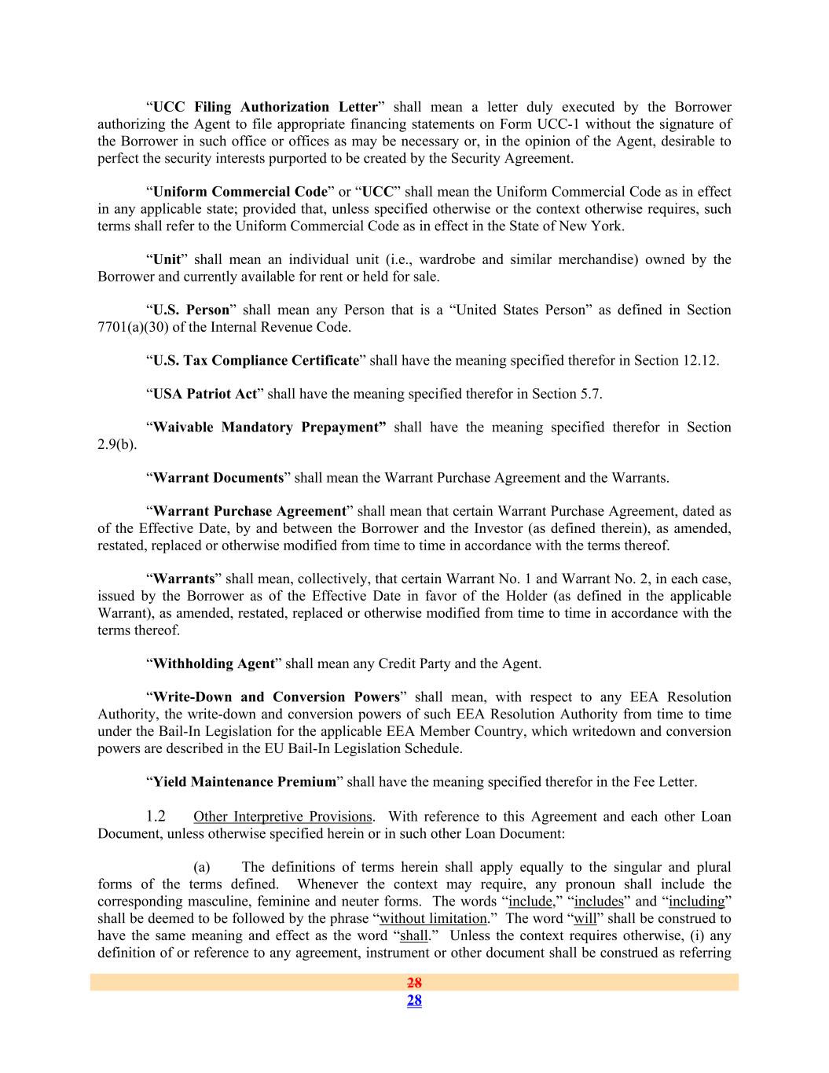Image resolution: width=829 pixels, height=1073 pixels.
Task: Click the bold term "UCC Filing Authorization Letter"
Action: pyautogui.click(x=265, y=107)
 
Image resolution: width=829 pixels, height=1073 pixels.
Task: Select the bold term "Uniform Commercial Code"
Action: pyautogui.click(x=240, y=192)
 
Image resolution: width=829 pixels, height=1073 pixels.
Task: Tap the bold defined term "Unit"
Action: pyautogui.click(x=167, y=259)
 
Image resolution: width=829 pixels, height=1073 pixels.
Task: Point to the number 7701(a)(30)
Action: pyautogui.click(x=132, y=327)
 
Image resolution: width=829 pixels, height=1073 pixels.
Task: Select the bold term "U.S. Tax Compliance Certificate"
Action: pyautogui.click(x=255, y=361)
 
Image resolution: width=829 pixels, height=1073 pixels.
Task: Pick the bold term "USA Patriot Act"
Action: pyautogui.click(x=205, y=394)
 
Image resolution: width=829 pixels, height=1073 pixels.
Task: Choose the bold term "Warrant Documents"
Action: pyautogui.click(x=218, y=478)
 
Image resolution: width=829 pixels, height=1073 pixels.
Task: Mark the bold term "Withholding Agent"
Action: pyautogui.click(x=213, y=663)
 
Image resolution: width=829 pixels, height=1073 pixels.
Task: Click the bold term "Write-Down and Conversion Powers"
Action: pyautogui.click(x=276, y=697)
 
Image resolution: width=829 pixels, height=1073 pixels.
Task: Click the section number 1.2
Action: pyautogui.click(x=156, y=816)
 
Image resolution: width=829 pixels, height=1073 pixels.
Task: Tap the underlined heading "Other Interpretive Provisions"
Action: pyautogui.click(x=282, y=817)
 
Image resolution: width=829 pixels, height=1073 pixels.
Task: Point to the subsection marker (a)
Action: pyautogui.click(x=202, y=867)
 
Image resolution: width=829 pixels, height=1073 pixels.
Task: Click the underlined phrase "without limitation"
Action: pyautogui.click(x=433, y=918)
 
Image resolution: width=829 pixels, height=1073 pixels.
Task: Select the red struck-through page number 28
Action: pyautogui.click(x=414, y=982)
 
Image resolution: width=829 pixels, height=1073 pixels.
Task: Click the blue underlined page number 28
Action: pyautogui.click(x=414, y=1000)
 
